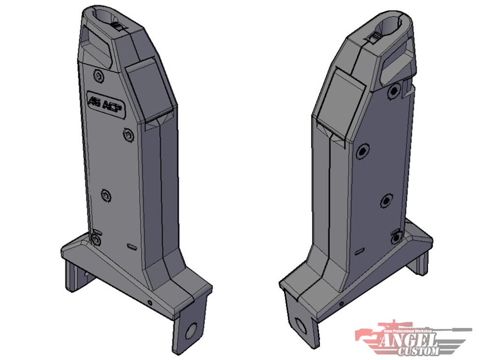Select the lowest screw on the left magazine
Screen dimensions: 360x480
(x=95, y=240)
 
